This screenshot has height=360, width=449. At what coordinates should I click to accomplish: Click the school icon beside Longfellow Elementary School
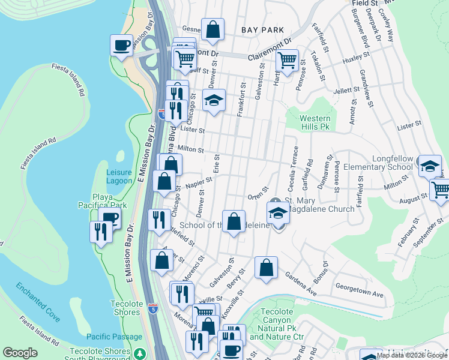point(430,166)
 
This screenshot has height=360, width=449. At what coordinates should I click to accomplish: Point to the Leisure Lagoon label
point(119,176)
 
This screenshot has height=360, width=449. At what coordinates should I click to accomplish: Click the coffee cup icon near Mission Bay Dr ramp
point(121,46)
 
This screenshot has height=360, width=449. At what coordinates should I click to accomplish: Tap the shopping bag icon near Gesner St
point(212,29)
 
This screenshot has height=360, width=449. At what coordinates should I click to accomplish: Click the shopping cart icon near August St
point(441,190)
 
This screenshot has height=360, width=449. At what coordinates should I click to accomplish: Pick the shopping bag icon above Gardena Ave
point(265,268)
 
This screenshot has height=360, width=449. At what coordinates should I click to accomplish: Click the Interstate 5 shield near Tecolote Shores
point(155,308)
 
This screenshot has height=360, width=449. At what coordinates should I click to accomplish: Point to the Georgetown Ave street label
point(359,295)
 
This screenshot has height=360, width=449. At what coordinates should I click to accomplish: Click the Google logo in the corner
point(20,353)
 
